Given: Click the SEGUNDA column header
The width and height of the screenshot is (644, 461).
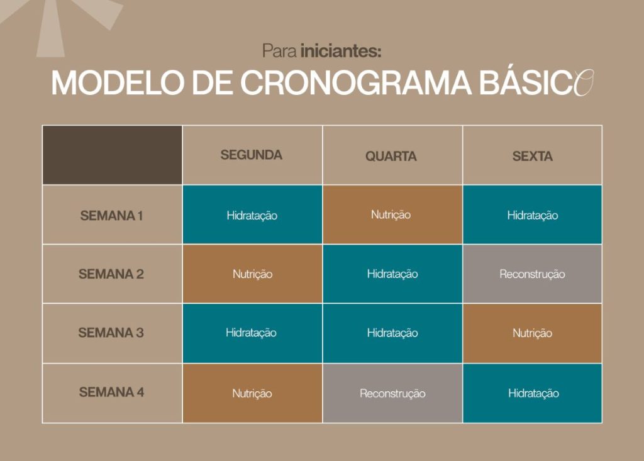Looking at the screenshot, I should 252,155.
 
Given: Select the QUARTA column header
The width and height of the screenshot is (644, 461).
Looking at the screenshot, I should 391,156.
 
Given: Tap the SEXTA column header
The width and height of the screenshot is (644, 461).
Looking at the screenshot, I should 532,156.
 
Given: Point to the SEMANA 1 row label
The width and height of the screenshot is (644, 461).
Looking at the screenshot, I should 111,216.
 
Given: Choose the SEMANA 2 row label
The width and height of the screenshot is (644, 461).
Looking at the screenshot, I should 111,274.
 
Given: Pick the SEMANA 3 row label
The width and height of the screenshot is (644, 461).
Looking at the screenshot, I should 111,333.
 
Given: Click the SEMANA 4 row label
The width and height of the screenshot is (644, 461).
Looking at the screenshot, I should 111,392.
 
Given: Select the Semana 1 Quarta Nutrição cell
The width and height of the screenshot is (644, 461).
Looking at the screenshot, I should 391,214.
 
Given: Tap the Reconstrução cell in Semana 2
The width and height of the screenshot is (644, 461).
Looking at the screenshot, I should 532,274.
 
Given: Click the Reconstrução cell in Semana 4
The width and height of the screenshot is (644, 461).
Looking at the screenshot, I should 392,393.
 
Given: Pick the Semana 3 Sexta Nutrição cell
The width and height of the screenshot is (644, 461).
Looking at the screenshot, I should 532,333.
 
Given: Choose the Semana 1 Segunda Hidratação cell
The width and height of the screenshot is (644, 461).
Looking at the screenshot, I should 252,215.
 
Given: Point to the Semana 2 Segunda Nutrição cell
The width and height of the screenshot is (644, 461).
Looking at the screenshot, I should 252,274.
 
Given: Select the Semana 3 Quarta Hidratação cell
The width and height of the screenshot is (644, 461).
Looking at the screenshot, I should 392,333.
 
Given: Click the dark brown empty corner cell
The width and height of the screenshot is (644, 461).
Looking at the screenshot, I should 112,155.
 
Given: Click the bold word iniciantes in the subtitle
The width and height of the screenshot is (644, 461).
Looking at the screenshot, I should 340,50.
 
